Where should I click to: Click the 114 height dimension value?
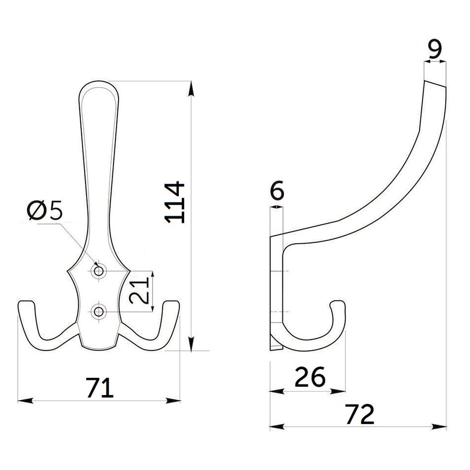click(x=174, y=202)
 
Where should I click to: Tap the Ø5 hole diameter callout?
click(x=45, y=210)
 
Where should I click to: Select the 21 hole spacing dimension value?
click(x=139, y=291)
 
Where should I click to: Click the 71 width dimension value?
click(x=99, y=387)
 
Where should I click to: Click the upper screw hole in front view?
click(x=99, y=271)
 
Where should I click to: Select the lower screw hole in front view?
click(x=99, y=312)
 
